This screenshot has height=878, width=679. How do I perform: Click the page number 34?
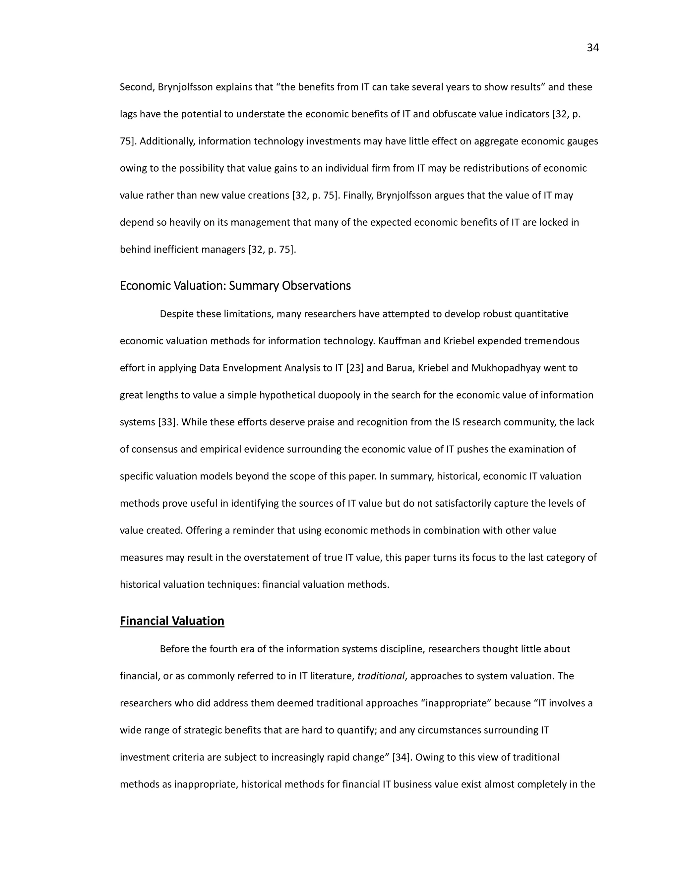click(x=592, y=48)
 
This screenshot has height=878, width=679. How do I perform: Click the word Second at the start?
click(x=136, y=87)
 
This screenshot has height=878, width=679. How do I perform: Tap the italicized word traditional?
click(x=381, y=676)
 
